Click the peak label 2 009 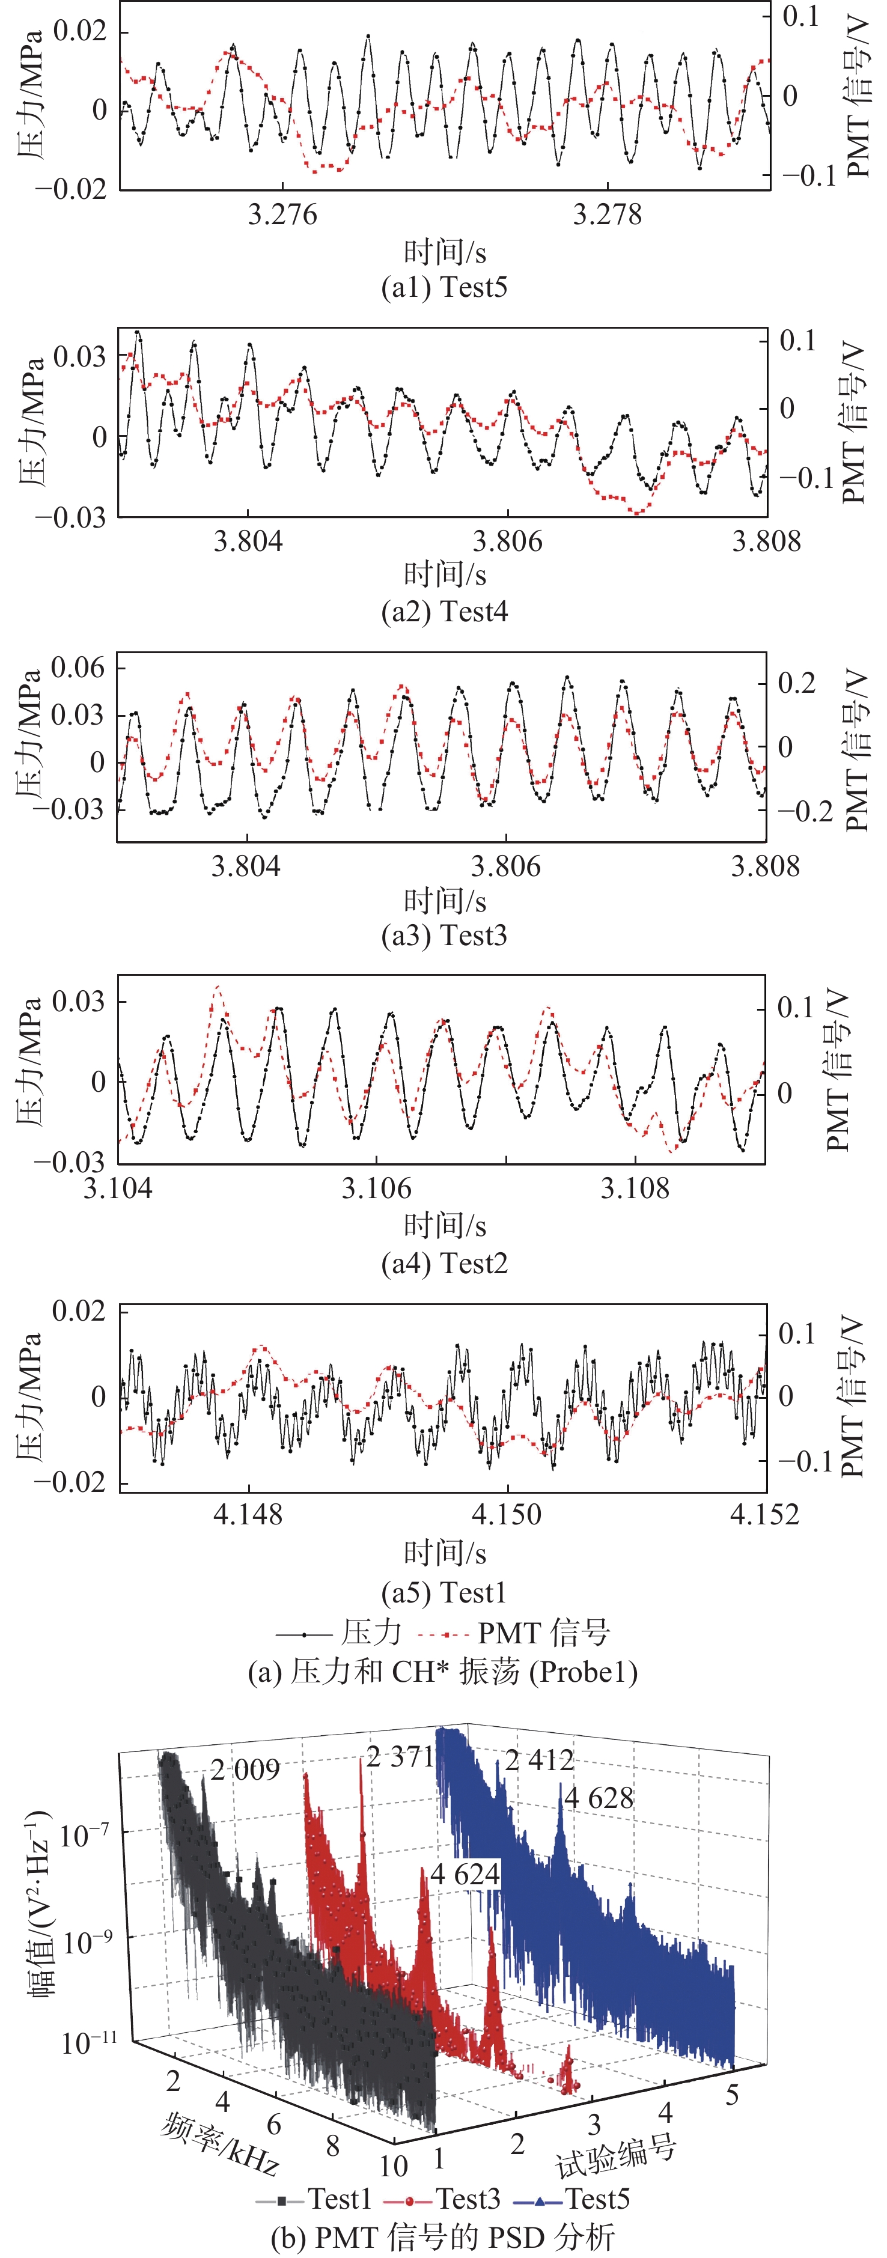pos(245,1770)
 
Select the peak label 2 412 pos(539,1759)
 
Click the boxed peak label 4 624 pos(465,1874)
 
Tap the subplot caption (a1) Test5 pos(444,288)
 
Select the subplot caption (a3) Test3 pos(444,936)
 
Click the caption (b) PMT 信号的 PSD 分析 pos(443,2237)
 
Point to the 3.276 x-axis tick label pos(282,215)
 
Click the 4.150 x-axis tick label pos(507,1514)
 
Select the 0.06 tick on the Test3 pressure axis pos(78,668)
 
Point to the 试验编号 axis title pos(616,2156)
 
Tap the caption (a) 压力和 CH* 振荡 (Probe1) pos(443,1672)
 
